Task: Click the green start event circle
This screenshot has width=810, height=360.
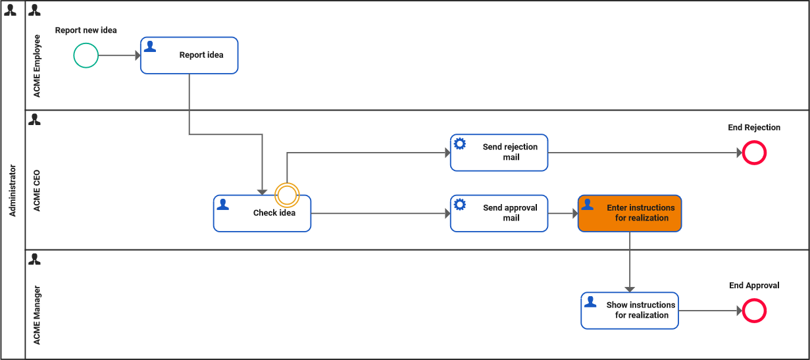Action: pos(86,55)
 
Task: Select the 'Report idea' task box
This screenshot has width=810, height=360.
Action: pos(190,55)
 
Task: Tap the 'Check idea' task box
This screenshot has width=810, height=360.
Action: pos(262,213)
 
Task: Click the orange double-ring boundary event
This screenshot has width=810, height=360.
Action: pos(287,194)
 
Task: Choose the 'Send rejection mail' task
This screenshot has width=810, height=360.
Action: pos(499,153)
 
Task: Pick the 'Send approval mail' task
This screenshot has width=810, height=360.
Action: pos(499,213)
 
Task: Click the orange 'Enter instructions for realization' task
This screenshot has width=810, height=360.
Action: pos(630,213)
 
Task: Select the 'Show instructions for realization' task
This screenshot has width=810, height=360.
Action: pos(630,310)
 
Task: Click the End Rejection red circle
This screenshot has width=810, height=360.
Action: pos(754,153)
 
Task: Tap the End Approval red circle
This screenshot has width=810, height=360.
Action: pos(754,311)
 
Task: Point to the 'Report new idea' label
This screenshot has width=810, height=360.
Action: pos(86,30)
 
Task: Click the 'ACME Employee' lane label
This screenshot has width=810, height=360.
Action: pos(37,66)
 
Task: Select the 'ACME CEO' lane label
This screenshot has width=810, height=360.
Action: pos(37,191)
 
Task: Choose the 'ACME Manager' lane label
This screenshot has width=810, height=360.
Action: pos(37,315)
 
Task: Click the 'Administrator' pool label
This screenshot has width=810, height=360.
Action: pos(13,191)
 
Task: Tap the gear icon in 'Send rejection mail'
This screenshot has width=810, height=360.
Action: pos(460,143)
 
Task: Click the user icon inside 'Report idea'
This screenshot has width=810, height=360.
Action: pos(150,46)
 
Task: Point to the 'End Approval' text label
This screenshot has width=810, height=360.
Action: pos(754,286)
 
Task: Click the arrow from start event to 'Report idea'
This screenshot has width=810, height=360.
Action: pos(118,55)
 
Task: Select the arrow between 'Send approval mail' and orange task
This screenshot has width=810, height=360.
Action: pos(563,213)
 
